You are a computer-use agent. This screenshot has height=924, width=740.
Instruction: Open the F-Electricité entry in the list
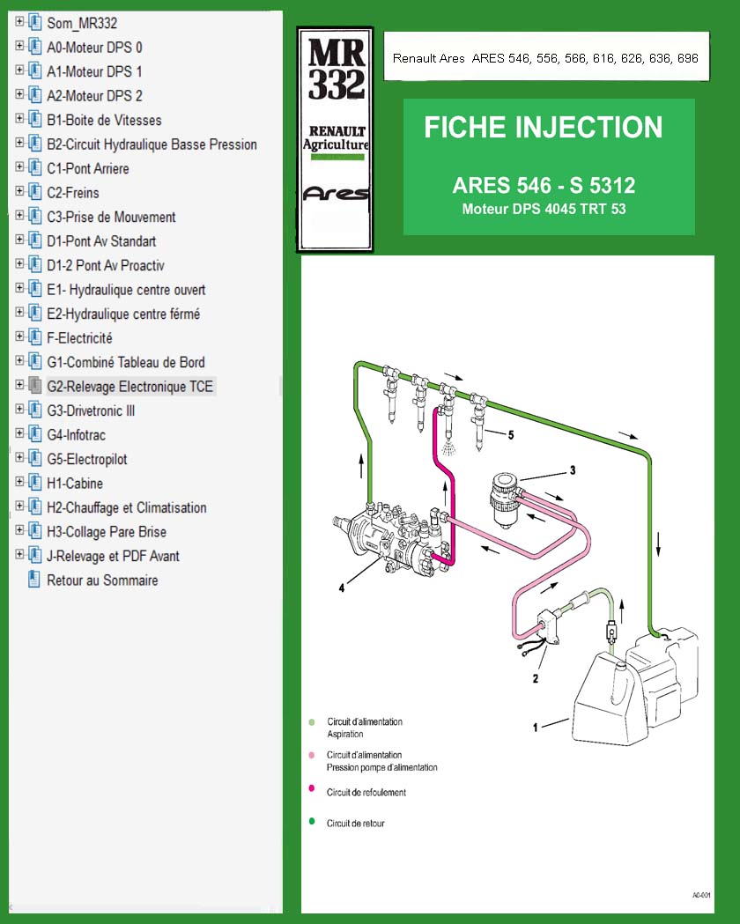point(79,338)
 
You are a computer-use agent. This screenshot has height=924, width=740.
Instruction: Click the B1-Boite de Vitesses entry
point(104,120)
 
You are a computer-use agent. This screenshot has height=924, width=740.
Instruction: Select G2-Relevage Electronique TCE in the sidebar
point(129,387)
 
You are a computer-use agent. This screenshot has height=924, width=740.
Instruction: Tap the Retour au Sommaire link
point(102,580)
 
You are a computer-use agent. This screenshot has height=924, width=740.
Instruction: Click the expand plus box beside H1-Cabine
point(19,483)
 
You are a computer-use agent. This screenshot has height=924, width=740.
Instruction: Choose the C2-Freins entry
point(72,193)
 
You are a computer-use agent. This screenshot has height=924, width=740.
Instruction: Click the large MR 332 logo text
point(335,71)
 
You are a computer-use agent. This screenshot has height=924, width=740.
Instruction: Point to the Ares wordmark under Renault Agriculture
point(335,194)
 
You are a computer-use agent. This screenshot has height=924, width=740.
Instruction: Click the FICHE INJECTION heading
point(543,128)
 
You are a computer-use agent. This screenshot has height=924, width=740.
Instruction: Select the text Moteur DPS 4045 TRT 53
point(544,210)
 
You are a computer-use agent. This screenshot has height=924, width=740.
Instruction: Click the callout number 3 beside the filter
point(572,470)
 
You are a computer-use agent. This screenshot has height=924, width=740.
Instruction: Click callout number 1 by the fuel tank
point(536,728)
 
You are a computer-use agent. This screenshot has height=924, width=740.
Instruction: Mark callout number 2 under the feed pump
point(535,678)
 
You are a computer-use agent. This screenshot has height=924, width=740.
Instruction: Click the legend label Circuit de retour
point(355,824)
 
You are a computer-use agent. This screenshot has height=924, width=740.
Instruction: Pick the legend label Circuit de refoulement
point(366,793)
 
